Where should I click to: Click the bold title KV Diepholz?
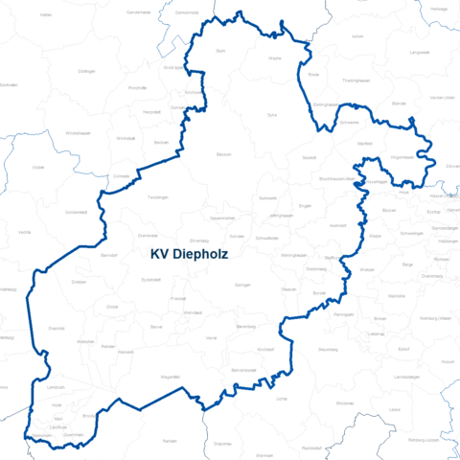pyautogui.click(x=195, y=255)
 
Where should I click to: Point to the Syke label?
pyautogui.click(x=272, y=114)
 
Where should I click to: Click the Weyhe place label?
pyautogui.click(x=275, y=58)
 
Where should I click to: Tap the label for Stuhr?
pyautogui.click(x=221, y=49)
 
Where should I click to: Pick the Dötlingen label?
pyautogui.click(x=86, y=71)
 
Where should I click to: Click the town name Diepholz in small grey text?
pyautogui.click(x=57, y=328)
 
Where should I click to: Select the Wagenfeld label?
pyautogui.click(x=170, y=377)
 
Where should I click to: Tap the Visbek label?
pyautogui.click(x=38, y=166)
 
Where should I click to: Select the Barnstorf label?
pyautogui.click(x=108, y=256)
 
